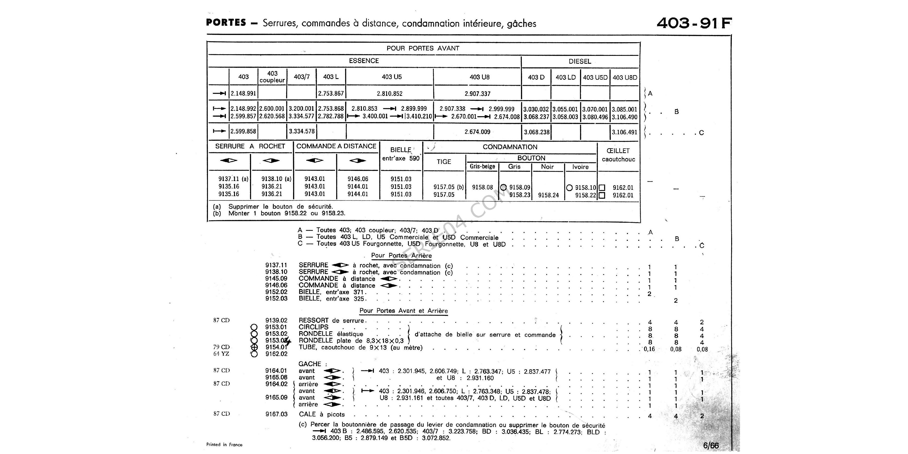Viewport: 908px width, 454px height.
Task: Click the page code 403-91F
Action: [x=694, y=23]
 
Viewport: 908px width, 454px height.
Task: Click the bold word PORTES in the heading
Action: [x=226, y=22]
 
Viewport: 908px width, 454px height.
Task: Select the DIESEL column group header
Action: [x=580, y=61]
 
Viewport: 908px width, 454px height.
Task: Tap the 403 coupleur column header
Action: [x=272, y=77]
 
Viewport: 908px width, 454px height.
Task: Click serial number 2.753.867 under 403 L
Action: [x=331, y=93]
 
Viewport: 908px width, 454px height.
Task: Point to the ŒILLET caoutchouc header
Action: [x=618, y=155]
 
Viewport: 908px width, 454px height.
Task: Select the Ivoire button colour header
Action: [x=580, y=167]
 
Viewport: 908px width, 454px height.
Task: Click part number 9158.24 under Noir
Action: [x=548, y=195]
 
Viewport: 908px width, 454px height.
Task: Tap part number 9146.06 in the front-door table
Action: [x=358, y=179]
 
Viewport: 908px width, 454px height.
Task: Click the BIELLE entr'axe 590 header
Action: [x=401, y=154]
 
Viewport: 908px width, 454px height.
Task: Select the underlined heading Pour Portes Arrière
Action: [x=401, y=256]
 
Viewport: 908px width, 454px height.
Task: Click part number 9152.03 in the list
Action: [x=276, y=299]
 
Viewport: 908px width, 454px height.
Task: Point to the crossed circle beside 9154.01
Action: [x=254, y=347]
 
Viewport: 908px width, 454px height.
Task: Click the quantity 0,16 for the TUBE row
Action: [x=649, y=349]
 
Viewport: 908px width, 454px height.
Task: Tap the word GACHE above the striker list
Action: [x=310, y=364]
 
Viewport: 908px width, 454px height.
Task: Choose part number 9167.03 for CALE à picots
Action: [x=276, y=414]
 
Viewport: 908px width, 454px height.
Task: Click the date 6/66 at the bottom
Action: [x=711, y=445]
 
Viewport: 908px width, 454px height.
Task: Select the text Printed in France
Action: [x=224, y=444]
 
